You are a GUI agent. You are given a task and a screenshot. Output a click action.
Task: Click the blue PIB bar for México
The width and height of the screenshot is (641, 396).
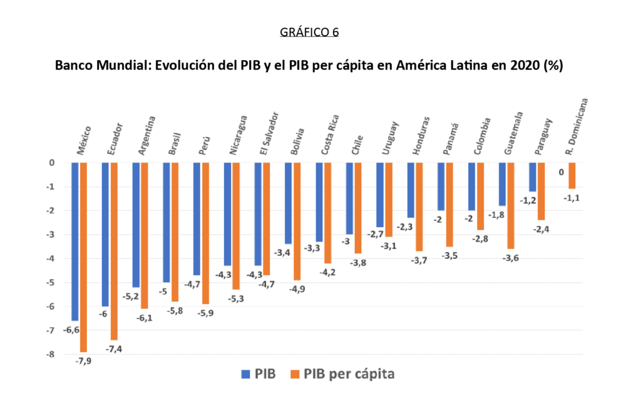tap(75, 241)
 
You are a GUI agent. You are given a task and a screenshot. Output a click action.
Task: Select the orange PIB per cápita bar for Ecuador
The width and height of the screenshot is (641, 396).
tap(114, 250)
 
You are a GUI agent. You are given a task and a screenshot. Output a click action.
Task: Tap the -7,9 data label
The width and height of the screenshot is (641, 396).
tap(83, 361)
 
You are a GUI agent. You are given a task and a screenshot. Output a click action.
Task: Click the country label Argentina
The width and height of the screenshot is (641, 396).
tap(147, 135)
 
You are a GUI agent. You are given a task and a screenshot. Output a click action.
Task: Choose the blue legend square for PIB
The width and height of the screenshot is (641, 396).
tap(245, 374)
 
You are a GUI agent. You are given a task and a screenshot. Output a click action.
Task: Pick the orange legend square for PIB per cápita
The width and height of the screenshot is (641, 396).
tap(295, 374)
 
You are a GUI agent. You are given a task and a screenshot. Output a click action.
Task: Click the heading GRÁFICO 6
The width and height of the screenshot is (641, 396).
tap(309, 31)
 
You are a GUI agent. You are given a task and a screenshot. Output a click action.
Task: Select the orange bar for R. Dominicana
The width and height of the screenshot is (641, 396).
tap(572, 176)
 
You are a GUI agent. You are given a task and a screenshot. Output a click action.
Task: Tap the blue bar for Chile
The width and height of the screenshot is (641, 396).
tap(349, 198)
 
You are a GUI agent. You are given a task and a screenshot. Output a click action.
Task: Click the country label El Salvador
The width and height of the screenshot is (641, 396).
tap(269, 133)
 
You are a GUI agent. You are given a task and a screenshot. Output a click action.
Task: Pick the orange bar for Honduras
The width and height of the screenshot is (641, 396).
tap(419, 206)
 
